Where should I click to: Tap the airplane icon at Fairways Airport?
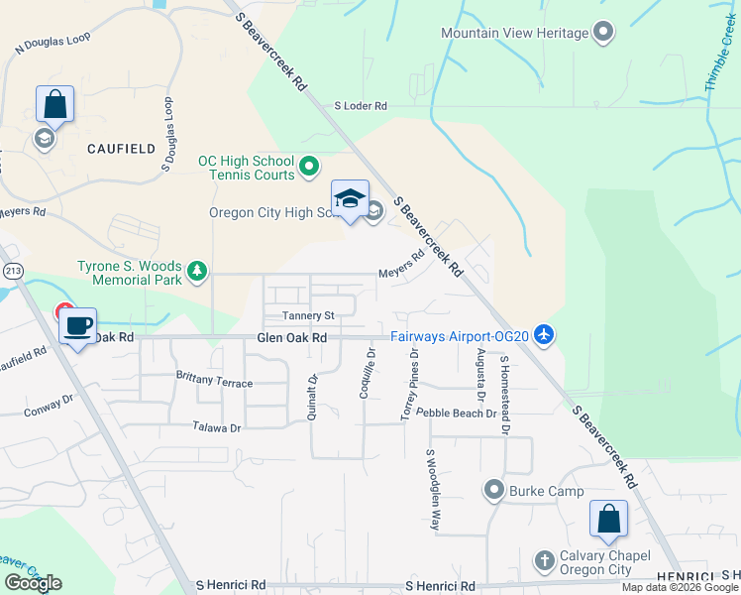click(x=543, y=336)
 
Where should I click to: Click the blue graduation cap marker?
click(x=349, y=198)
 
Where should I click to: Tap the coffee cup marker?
click(x=78, y=325)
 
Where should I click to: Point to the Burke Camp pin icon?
click(x=493, y=491)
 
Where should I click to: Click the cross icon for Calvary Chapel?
click(x=543, y=561)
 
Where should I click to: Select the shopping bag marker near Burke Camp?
click(x=608, y=519)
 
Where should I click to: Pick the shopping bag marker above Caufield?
click(x=54, y=104)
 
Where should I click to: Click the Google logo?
click(x=33, y=583)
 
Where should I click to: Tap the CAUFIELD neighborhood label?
click(x=121, y=149)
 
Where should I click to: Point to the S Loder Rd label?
click(x=361, y=105)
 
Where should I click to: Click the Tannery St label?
click(x=310, y=315)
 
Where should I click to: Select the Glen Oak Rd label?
click(x=291, y=338)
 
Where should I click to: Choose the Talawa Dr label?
click(x=218, y=426)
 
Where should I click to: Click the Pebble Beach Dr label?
click(x=456, y=412)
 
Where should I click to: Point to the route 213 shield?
click(x=13, y=270)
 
